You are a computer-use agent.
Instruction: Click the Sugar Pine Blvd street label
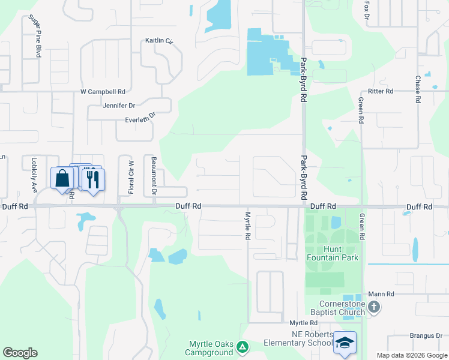pos(34,35)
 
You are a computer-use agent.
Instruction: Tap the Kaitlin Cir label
pos(159,41)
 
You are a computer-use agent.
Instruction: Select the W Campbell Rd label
pos(103,92)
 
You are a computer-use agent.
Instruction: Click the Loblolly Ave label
pos(34,175)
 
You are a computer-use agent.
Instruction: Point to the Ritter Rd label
pos(381,91)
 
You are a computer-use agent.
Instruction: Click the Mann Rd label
pos(381,294)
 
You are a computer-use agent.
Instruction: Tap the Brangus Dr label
pos(426,336)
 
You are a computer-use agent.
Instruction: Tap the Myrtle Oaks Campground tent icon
pos(242,346)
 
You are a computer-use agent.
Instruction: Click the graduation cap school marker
pos(345,343)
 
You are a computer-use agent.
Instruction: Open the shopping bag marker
pos(62,178)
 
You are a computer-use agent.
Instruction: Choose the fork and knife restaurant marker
pos(92,179)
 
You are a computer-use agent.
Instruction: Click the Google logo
pos(20,353)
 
